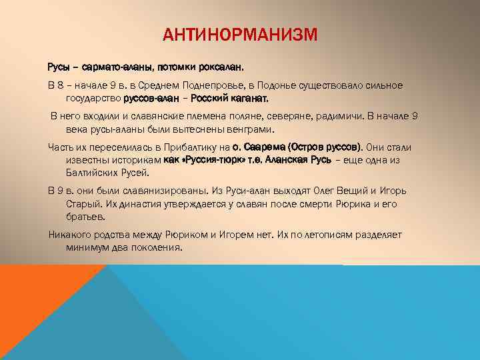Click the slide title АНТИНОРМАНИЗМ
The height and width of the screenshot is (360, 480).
(239, 34)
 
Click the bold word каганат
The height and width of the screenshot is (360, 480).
(249, 99)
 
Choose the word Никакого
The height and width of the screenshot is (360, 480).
(71, 235)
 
